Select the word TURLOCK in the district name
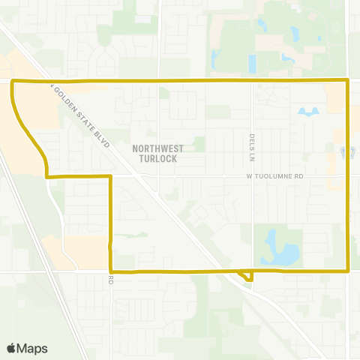(157, 159)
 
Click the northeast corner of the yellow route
(347, 79)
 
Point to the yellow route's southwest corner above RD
(111, 271)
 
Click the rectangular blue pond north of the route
(252, 63)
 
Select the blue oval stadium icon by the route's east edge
(346, 152)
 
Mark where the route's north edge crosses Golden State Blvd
(52, 79)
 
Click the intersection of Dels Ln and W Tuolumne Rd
(253, 177)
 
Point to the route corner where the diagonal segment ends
(47, 177)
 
